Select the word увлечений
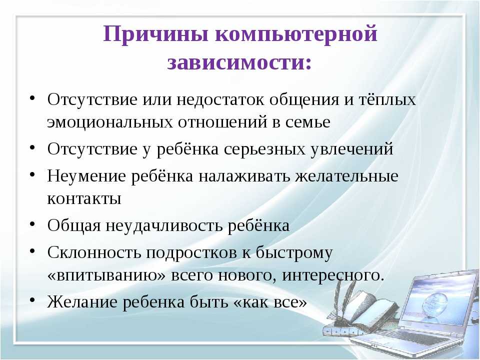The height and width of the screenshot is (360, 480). [x=351, y=149]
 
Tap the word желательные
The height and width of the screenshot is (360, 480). [x=346, y=176]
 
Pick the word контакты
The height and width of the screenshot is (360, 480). [x=84, y=198]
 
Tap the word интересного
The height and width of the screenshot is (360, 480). [x=333, y=275]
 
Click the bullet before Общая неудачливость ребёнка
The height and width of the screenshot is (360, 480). [x=32, y=224]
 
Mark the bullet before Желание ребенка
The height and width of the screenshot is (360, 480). [x=32, y=300]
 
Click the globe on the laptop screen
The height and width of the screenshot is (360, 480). [x=435, y=300]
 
